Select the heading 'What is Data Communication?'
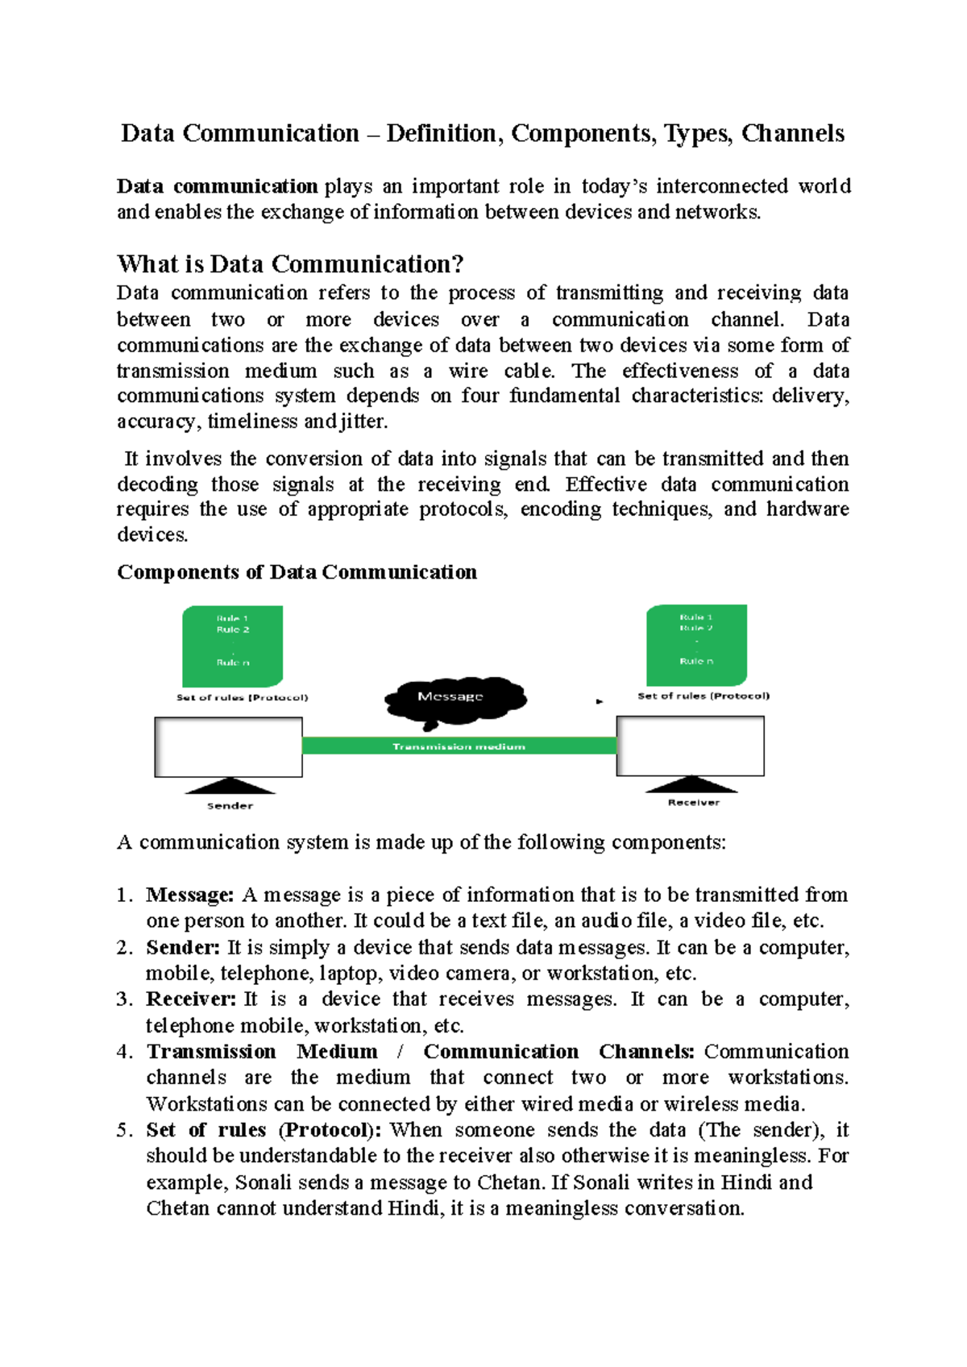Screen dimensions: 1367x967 tap(290, 264)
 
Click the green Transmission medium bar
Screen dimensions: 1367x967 tap(459, 746)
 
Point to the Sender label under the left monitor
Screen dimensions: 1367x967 tap(230, 805)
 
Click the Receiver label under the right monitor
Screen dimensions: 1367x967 tap(693, 802)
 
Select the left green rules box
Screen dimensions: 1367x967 tap(232, 646)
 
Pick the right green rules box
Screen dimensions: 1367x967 tap(696, 645)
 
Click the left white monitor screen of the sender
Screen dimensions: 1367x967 tap(229, 747)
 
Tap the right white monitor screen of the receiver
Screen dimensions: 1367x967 tap(691, 746)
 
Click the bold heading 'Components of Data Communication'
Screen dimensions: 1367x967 tap(297, 572)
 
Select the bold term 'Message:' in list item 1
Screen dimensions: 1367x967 tap(190, 895)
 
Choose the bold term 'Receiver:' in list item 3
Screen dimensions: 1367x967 tap(191, 999)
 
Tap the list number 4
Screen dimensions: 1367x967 tap(123, 1052)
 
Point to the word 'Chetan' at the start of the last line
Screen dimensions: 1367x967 tap(178, 1208)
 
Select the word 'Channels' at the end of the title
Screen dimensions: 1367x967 tap(793, 133)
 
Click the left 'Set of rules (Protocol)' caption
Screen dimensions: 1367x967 tap(242, 697)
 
